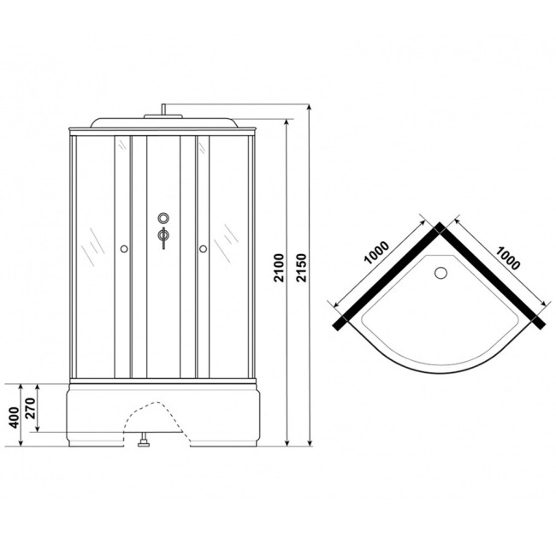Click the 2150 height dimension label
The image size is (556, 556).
301,268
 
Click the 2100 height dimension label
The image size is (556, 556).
280,268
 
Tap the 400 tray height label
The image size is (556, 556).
15,417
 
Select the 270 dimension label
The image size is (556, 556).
31,408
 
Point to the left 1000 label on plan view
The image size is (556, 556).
377,252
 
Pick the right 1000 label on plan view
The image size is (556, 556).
508,257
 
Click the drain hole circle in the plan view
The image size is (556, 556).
441,273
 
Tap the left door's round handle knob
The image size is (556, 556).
124,249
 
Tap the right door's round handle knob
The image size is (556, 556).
204,249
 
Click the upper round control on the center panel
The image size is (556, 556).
163,217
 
